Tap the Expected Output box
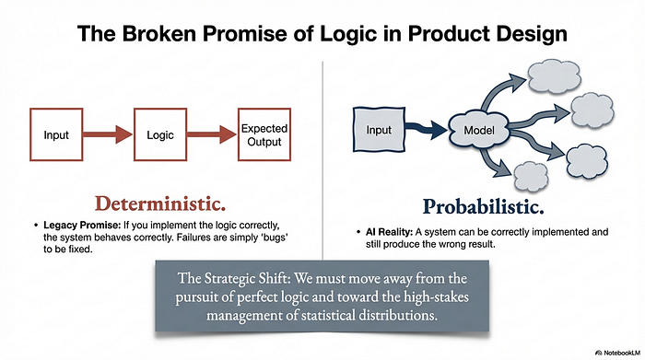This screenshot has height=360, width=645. coord(263,135)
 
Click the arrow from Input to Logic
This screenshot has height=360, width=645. coord(109,135)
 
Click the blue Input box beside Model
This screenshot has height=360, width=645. coord(388,130)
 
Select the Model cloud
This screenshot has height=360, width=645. coord(481,132)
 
